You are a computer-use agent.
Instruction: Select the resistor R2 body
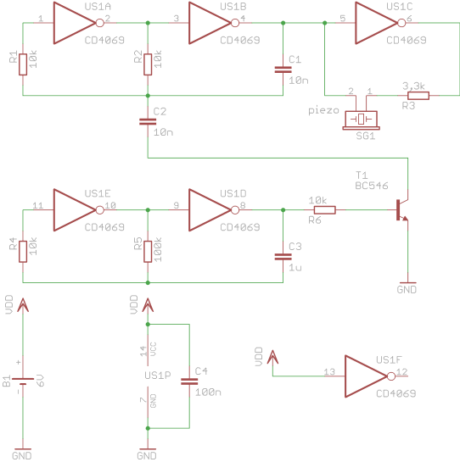[x=148, y=64]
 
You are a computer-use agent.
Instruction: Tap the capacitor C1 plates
[x=283, y=70]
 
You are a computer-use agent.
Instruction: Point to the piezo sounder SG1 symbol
[x=362, y=120]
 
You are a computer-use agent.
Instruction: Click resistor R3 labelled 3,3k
[x=418, y=96]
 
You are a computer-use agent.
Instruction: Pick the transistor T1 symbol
[x=402, y=209]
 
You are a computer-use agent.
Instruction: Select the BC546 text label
[x=372, y=186]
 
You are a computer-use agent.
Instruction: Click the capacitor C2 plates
[x=148, y=121]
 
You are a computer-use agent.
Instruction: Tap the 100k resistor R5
[x=148, y=251]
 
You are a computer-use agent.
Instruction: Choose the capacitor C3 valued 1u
[x=283, y=257]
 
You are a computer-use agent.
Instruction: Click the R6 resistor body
[x=324, y=209]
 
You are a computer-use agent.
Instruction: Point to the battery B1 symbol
[x=23, y=381]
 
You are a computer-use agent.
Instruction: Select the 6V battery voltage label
[x=41, y=381]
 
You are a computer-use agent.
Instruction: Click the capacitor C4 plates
[x=189, y=381]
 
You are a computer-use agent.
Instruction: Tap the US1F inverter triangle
[x=365, y=376]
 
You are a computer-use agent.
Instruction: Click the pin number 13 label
[x=329, y=372]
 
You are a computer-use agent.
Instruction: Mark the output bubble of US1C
[x=401, y=23]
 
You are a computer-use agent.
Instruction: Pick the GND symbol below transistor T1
[x=407, y=287]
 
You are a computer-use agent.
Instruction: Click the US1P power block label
[x=158, y=376]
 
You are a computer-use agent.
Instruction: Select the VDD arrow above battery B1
[x=23, y=305]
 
